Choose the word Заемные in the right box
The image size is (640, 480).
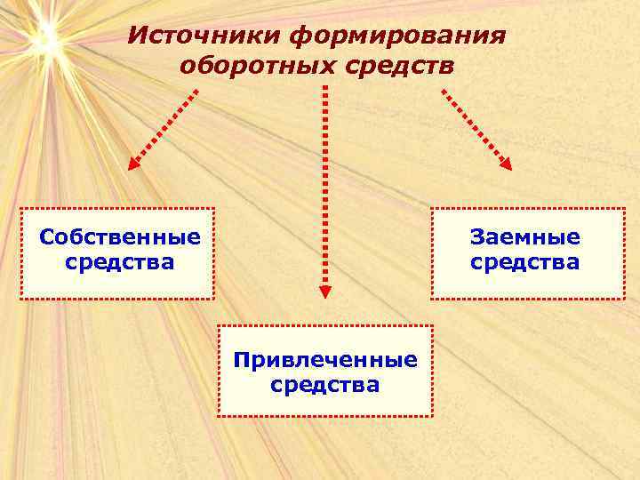(x=524, y=237)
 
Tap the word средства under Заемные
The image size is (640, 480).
(x=524, y=262)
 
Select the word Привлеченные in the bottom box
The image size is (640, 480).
(x=324, y=360)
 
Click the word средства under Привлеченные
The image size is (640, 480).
(x=324, y=385)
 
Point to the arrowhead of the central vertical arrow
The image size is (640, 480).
(x=324, y=290)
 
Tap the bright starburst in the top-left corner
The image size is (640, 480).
(x=44, y=37)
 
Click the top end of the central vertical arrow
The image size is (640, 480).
(x=324, y=88)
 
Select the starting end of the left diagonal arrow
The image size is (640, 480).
(x=196, y=89)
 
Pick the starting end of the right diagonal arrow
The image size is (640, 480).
(x=443, y=89)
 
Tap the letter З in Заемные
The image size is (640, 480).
(x=477, y=237)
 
